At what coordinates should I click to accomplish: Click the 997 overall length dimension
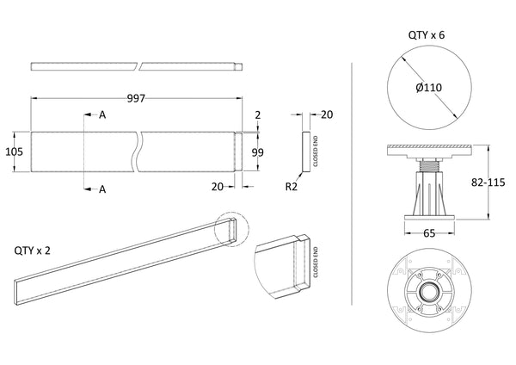coord(137,99)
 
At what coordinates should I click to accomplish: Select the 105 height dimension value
coord(13,152)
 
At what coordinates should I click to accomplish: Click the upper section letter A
coord(102,114)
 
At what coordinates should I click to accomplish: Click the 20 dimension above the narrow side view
coord(327,114)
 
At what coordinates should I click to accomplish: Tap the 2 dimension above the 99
coord(257,114)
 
